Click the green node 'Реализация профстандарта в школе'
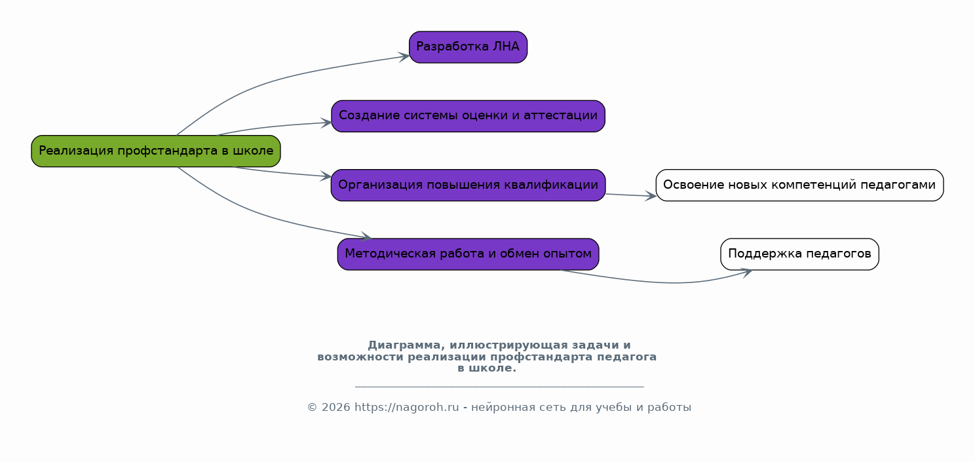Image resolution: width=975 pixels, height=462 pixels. coord(156,151)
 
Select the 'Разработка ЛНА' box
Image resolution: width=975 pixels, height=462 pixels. coord(468,47)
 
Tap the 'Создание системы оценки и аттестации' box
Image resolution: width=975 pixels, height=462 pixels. coord(468,116)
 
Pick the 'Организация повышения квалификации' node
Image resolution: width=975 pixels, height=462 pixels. coord(468,185)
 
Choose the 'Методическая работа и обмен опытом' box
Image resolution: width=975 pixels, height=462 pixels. coord(468,254)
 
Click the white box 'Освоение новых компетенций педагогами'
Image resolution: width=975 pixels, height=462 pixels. coord(799,185)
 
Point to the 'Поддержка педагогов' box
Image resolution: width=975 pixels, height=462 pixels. coord(799,254)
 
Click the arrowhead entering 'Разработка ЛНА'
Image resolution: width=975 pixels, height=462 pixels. coord(404,57)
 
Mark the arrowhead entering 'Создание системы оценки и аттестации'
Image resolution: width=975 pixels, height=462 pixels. coord(326,123)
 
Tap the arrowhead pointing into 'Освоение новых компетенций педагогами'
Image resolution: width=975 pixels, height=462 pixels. coord(651,197)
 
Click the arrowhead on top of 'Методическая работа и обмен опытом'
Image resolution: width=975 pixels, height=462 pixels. coord(366,237)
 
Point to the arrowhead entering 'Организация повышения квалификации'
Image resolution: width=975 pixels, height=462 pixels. coord(326,176)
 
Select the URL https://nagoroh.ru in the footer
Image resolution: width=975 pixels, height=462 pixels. coord(406,408)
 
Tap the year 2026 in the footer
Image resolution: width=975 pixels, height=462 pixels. coord(336,408)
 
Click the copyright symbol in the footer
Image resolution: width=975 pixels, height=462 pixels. coord(313,408)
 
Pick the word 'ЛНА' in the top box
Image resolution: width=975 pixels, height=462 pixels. coord(506,47)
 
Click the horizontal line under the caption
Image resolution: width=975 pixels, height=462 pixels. coord(499,386)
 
